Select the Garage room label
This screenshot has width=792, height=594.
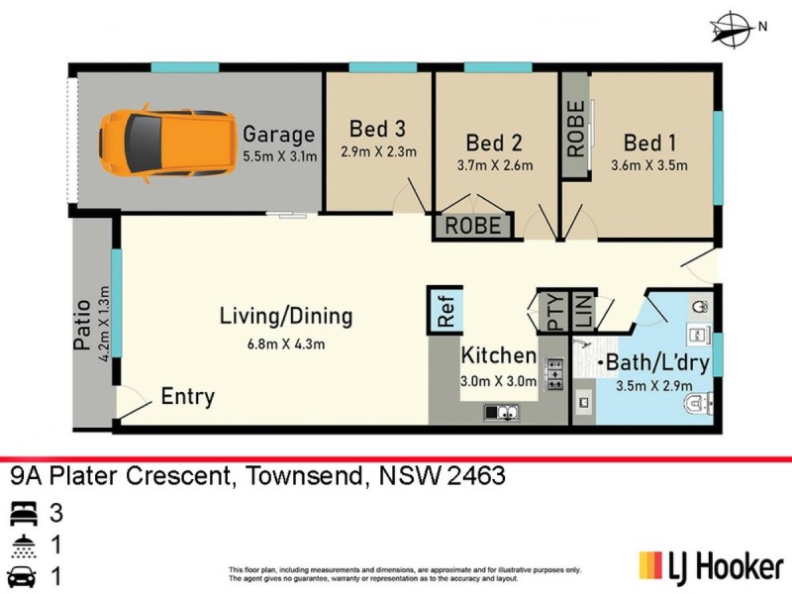pyautogui.click(x=279, y=135)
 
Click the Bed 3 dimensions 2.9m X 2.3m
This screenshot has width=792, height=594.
pyautogui.click(x=377, y=151)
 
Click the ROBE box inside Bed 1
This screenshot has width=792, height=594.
pyautogui.click(x=575, y=139)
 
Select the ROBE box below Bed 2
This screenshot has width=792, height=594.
pyautogui.click(x=473, y=226)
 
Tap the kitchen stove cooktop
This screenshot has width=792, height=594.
pyautogui.click(x=554, y=372)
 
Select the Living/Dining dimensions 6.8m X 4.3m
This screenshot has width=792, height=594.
pyautogui.click(x=286, y=344)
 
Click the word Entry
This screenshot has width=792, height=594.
pyautogui.click(x=187, y=397)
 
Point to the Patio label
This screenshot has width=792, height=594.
pyautogui.click(x=83, y=325)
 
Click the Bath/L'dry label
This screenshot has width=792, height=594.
pyautogui.click(x=657, y=362)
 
